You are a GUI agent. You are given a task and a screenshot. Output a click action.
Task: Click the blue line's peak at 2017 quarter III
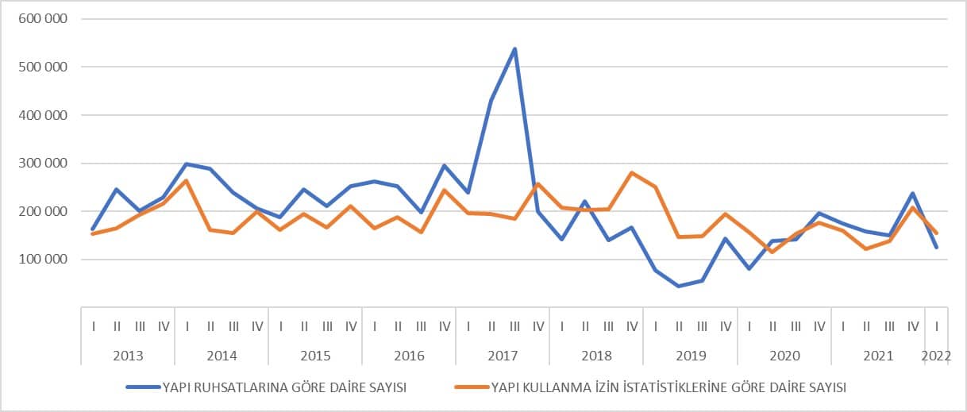pyautogui.click(x=515, y=49)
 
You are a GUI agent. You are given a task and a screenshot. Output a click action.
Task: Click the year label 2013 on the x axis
pyautogui.click(x=128, y=355)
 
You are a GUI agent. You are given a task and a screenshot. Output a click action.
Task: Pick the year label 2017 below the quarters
pyautogui.click(x=503, y=355)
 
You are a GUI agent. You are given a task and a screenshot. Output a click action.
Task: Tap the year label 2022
pyautogui.click(x=936, y=355)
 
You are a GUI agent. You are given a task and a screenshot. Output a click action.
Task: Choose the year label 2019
pyautogui.click(x=690, y=355)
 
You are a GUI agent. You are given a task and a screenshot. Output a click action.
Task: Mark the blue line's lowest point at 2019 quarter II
pyautogui.click(x=679, y=286)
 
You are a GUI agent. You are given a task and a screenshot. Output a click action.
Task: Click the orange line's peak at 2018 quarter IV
pyautogui.click(x=632, y=172)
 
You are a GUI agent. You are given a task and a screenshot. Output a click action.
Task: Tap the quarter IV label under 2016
pyautogui.click(x=445, y=326)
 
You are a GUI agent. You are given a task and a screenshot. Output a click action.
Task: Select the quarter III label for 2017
pyautogui.click(x=515, y=326)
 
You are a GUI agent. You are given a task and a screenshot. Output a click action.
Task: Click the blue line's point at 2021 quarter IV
pyautogui.click(x=913, y=193)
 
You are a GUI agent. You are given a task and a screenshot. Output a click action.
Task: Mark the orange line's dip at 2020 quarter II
pyautogui.click(x=772, y=252)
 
